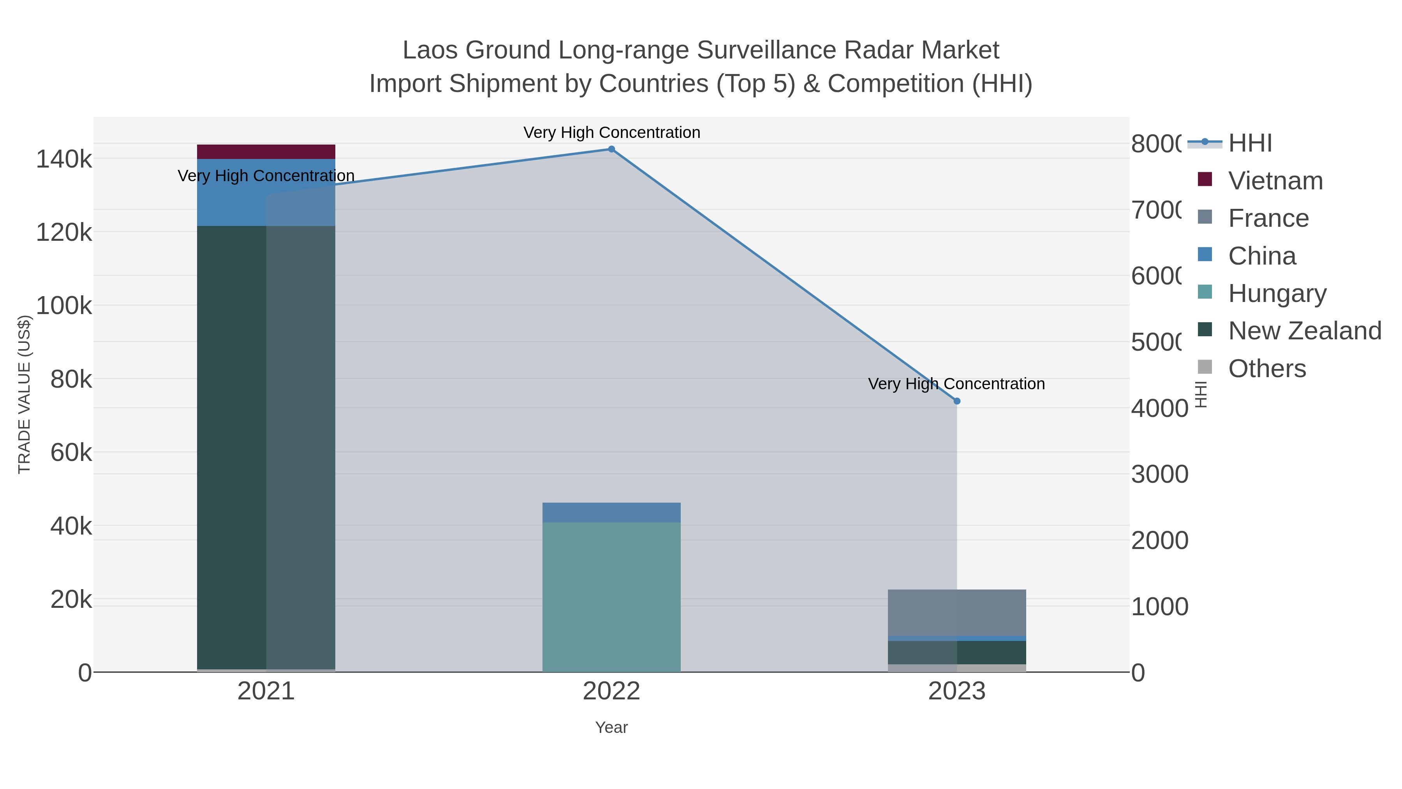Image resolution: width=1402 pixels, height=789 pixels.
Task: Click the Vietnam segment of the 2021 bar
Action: point(266,152)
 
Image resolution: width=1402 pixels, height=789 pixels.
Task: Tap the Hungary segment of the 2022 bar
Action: point(611,596)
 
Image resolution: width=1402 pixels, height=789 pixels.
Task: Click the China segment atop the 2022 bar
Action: point(611,512)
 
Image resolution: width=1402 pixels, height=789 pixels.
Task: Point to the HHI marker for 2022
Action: point(611,149)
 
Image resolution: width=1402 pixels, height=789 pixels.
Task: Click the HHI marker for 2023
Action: point(957,401)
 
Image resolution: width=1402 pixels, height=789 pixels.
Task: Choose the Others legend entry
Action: point(1266,369)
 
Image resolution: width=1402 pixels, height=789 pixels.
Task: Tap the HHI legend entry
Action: point(1250,143)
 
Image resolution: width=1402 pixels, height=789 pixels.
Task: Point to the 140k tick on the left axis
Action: point(64,159)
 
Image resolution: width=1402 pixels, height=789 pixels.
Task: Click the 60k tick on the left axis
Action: point(71,452)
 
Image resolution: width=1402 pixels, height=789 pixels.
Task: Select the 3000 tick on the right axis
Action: point(1159,474)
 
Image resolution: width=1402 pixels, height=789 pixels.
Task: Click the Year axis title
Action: point(611,727)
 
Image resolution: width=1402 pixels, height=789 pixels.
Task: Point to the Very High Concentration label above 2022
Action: point(611,132)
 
